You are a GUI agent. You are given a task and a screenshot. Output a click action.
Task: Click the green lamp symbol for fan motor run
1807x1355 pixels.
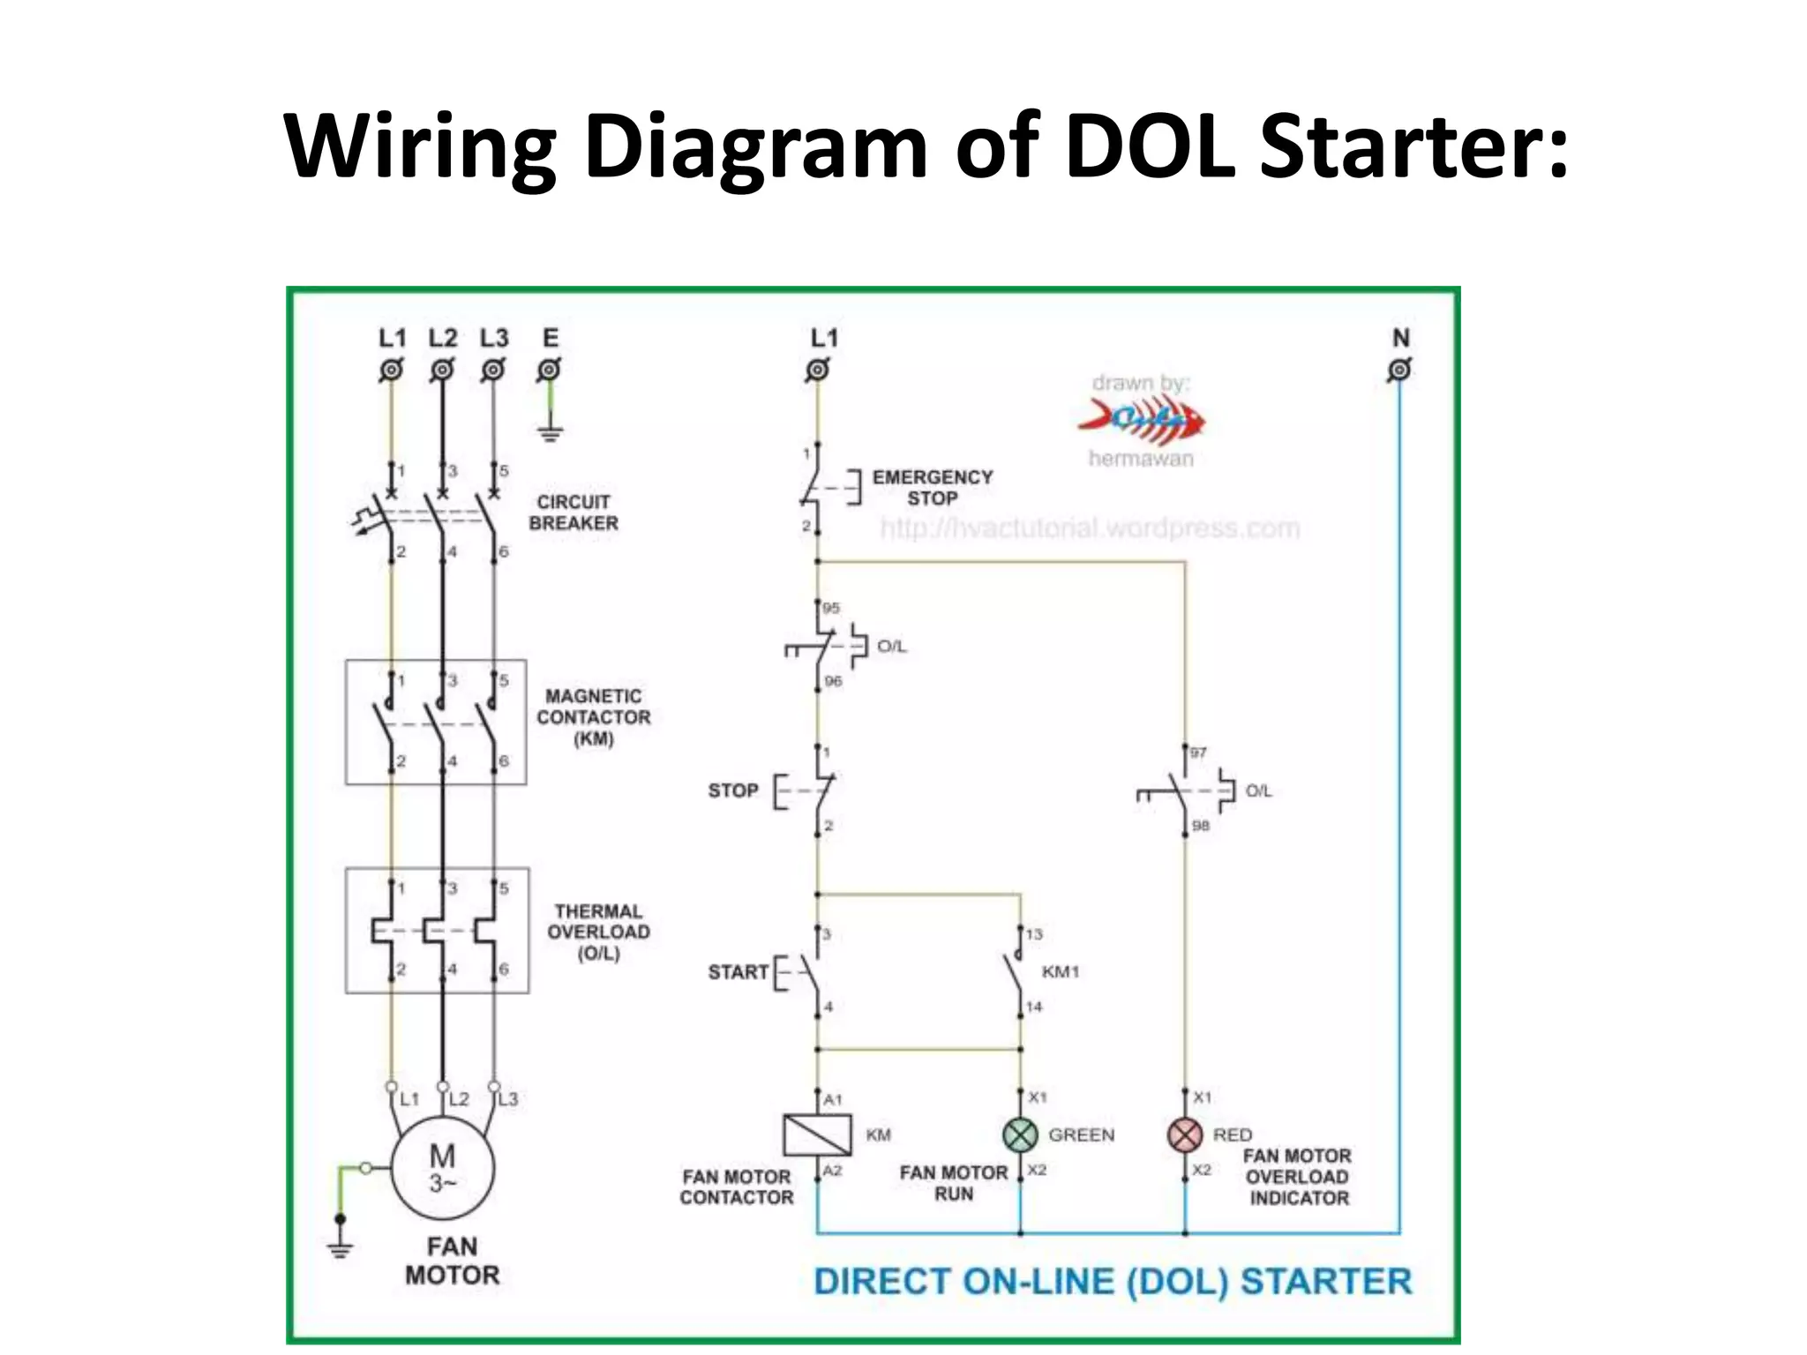pos(1020,1134)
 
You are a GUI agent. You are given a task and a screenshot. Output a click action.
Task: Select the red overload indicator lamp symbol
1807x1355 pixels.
pos(1185,1134)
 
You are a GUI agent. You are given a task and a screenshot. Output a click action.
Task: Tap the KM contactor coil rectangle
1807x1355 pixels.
pos(817,1134)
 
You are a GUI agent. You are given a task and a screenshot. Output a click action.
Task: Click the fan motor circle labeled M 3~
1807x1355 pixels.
pos(442,1168)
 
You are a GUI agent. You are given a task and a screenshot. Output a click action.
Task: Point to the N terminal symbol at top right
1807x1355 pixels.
pos(1399,370)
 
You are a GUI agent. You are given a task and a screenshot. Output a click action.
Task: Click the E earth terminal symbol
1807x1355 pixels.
pos(549,370)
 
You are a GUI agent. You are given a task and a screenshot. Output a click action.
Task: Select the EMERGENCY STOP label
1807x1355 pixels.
pos(932,487)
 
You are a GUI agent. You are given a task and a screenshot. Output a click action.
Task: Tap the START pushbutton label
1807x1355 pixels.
pos(738,972)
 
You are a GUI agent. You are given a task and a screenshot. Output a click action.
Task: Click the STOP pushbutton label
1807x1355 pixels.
pos(732,790)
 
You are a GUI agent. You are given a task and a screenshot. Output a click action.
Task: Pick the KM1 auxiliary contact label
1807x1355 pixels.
pos(1060,971)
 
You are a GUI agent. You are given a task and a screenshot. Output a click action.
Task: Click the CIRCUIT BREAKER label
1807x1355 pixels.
pos(574,513)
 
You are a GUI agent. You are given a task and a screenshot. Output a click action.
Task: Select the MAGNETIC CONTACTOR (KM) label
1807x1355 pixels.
pos(593,717)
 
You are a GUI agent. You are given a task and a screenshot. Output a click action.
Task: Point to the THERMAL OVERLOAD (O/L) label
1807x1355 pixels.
pos(598,932)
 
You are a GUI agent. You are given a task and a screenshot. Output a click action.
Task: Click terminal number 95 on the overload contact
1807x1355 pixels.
pos(832,608)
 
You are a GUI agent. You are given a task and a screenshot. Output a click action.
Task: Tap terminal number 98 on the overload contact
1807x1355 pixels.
pos(1201,826)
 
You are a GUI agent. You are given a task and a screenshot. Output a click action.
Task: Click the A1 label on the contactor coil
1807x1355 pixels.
pos(833,1099)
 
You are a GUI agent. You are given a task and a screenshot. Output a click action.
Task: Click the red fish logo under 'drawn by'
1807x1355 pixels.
pos(1142,418)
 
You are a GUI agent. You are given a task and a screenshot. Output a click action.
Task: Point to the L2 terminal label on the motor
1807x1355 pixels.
pos(459,1099)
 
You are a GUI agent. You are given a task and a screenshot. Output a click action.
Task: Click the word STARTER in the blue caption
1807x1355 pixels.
pos(1325,1281)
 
